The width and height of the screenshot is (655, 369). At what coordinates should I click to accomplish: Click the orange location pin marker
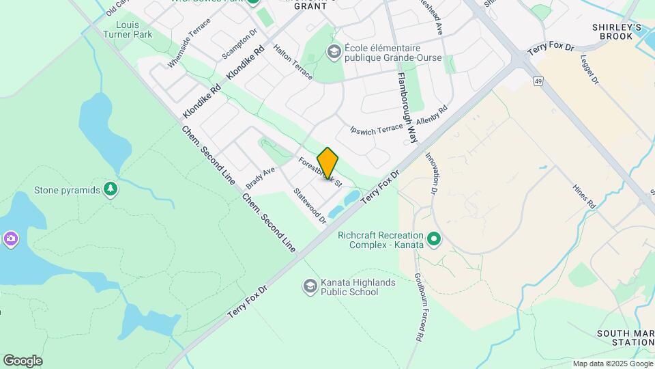pos(327,163)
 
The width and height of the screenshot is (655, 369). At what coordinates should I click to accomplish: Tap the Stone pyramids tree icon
pos(111,189)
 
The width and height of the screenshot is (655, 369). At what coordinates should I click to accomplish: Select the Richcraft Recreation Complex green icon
pos(433,240)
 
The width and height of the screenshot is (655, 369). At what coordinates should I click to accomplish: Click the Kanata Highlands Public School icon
pos(310,285)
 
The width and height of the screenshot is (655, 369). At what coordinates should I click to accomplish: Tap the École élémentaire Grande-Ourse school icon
pos(334,51)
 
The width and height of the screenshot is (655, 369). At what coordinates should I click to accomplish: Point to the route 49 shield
pos(538,82)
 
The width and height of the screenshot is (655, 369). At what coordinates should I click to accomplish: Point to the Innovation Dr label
pos(433,174)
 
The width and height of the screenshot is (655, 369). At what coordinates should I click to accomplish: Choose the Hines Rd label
pos(585,195)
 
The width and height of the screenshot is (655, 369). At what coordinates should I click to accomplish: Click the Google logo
pos(23,360)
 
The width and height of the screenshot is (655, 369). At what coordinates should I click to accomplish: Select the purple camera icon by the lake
pos(10,238)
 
